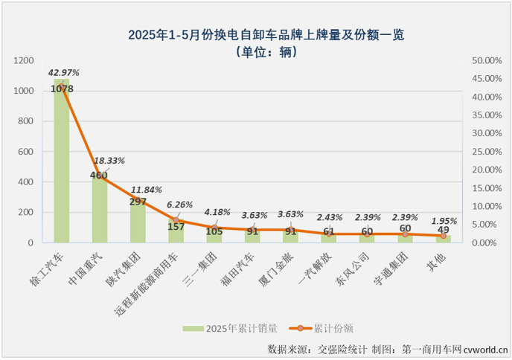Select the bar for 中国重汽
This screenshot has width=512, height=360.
[x=100, y=212]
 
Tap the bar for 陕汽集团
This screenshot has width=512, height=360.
[x=138, y=223]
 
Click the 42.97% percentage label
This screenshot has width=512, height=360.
[x=63, y=73]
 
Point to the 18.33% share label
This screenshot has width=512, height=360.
[x=109, y=160]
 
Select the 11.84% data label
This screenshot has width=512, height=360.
[x=147, y=189]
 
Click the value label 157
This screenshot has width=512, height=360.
[x=176, y=227]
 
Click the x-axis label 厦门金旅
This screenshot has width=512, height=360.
[x=278, y=269]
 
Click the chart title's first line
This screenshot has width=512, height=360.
[x=255, y=35]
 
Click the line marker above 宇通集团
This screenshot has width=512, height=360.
[x=405, y=234]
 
